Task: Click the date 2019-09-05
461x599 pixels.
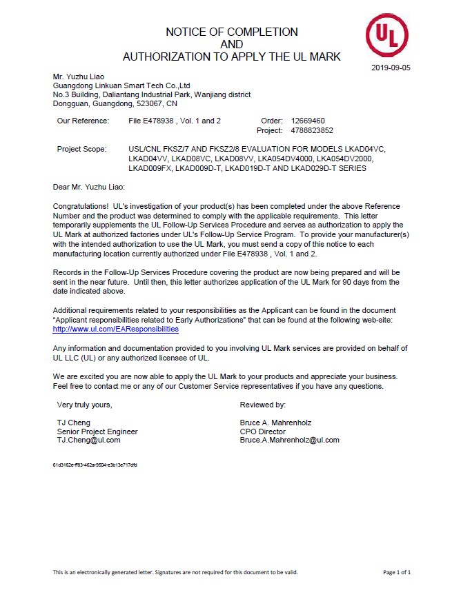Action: (x=391, y=68)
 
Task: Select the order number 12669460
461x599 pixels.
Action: (x=308, y=121)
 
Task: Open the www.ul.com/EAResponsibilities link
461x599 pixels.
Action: (x=115, y=329)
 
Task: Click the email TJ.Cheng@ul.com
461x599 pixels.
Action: (x=88, y=440)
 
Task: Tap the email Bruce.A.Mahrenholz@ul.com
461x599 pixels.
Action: (x=289, y=440)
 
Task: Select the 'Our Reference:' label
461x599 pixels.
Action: (x=83, y=121)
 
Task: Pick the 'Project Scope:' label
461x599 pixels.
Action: (x=82, y=149)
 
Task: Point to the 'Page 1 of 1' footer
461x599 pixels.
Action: (x=397, y=572)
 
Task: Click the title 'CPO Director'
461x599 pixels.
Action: (x=262, y=432)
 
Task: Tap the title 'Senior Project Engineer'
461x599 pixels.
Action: (x=97, y=432)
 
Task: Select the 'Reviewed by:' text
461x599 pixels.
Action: (x=262, y=405)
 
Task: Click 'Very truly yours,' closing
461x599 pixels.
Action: (x=84, y=405)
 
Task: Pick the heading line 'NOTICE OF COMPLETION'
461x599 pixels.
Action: (x=232, y=32)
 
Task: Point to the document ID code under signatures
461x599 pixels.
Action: (x=95, y=465)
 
